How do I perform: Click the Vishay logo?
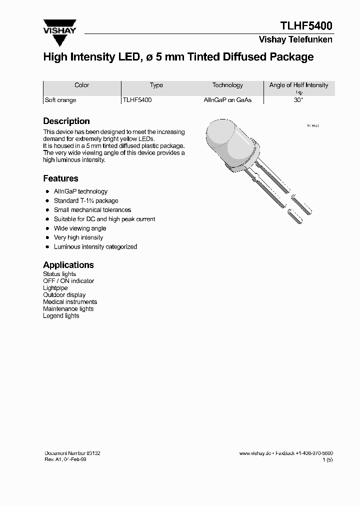pyautogui.click(x=59, y=28)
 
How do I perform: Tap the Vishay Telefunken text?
pyautogui.click(x=295, y=40)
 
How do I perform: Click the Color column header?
pyautogui.click(x=81, y=85)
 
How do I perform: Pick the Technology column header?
pyautogui.click(x=227, y=85)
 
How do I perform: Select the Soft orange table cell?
pyautogui.click(x=60, y=100)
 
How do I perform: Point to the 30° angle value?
pyautogui.click(x=298, y=100)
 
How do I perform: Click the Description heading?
pyautogui.click(x=66, y=121)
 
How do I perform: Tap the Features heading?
pyautogui.click(x=60, y=178)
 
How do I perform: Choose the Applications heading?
pyautogui.click(x=68, y=265)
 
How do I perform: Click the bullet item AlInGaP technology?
pyautogui.click(x=80, y=191)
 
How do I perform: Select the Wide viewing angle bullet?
pyautogui.click(x=80, y=228)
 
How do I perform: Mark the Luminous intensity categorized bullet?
pyautogui.click(x=95, y=247)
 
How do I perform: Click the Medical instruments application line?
pyautogui.click(x=70, y=302)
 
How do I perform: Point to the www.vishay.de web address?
pyautogui.click(x=255, y=453)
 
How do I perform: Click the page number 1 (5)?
pyautogui.click(x=327, y=459)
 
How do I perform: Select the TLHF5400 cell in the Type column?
pyautogui.click(x=137, y=100)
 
